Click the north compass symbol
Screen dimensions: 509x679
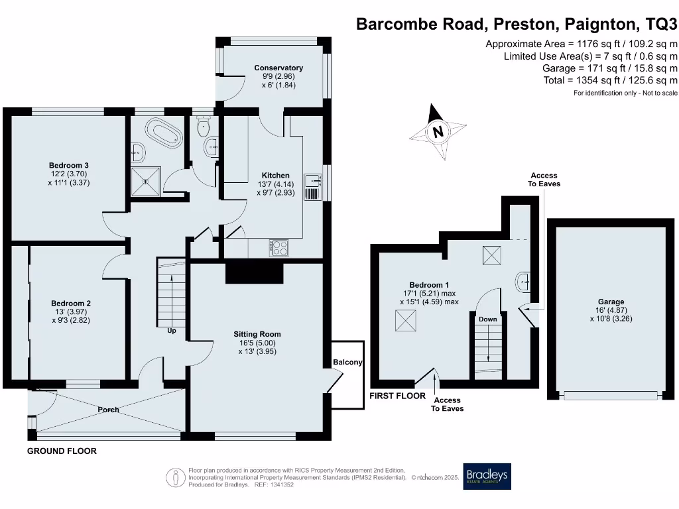[x=438, y=133]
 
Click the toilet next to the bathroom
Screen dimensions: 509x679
[x=204, y=126]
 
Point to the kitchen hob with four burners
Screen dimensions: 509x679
[x=279, y=247]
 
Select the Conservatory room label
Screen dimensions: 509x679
[x=278, y=68]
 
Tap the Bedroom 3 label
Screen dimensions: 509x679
[x=68, y=165]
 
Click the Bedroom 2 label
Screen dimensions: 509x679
[x=71, y=304]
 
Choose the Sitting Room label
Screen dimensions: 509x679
[x=257, y=334]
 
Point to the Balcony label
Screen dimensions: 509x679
[x=347, y=363]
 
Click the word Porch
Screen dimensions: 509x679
[x=108, y=410]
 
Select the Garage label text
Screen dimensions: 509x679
[x=610, y=302]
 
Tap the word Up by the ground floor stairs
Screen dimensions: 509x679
[x=171, y=330]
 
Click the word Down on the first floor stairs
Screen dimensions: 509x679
[x=487, y=319]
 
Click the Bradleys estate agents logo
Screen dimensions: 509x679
[x=487, y=476]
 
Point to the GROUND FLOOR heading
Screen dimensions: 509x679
[x=62, y=451]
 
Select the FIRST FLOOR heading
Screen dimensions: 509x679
[x=397, y=396]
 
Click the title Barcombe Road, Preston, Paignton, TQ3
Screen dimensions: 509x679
[x=517, y=25]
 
